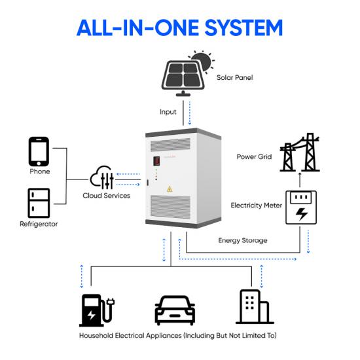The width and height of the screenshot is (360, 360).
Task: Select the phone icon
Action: point(39,152)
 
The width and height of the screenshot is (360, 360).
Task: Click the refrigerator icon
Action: point(39,203)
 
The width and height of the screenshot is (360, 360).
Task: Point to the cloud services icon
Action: point(101,177)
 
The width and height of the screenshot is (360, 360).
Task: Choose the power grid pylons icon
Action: point(300,153)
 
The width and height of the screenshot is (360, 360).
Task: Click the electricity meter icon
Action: point(301,207)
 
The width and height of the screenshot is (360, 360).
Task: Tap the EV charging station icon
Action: point(97,310)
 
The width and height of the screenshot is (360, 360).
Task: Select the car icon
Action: point(175,310)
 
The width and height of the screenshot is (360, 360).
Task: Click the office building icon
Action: point(255,307)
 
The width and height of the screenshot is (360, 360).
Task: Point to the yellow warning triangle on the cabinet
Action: point(170,189)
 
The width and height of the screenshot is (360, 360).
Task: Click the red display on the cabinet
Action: point(156,161)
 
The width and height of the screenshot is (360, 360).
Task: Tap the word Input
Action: point(168,112)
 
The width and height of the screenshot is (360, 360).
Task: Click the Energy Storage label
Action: point(243,240)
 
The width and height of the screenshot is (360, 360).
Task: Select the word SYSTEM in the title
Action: point(243,27)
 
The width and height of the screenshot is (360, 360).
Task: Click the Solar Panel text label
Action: point(234,77)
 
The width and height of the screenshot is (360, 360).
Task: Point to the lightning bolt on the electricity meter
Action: point(302,214)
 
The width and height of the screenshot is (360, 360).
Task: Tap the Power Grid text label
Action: point(254,156)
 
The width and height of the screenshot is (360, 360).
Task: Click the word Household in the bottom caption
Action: point(96,335)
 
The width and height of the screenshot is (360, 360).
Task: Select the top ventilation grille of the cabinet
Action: point(170,144)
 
